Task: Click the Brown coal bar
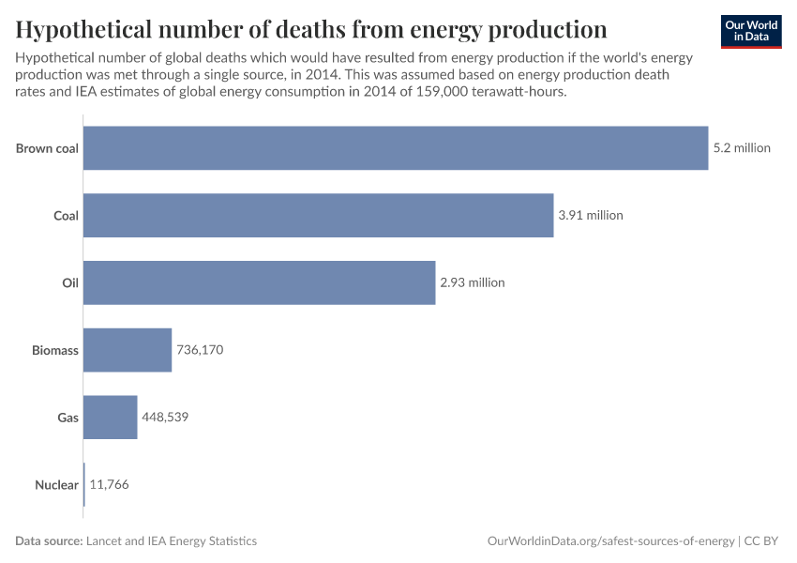click(x=396, y=147)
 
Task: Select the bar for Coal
click(x=318, y=215)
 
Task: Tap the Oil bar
click(x=259, y=282)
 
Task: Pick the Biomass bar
click(x=128, y=350)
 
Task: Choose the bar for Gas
click(x=110, y=418)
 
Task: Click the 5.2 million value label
click(x=742, y=147)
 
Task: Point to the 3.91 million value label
click(x=591, y=215)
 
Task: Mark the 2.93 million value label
click(x=473, y=282)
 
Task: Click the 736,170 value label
click(x=200, y=350)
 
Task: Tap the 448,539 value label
click(x=165, y=418)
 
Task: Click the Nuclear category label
click(x=56, y=485)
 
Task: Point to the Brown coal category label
click(x=47, y=147)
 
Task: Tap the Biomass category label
click(x=54, y=350)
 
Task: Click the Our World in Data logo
click(x=751, y=31)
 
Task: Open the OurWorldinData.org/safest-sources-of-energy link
click(x=610, y=541)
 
